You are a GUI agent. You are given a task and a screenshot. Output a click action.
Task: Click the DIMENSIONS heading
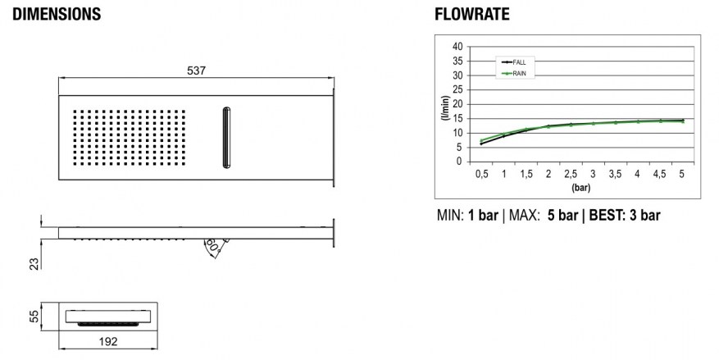pyautogui.click(x=57, y=14)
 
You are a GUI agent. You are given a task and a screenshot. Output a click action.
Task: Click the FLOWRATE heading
pyautogui.click(x=472, y=14)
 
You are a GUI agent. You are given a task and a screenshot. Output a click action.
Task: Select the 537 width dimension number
pyautogui.click(x=196, y=71)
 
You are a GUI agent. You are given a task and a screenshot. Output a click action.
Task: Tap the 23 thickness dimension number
pyautogui.click(x=34, y=263)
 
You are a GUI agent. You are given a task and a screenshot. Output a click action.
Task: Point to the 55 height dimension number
pyautogui.click(x=34, y=316)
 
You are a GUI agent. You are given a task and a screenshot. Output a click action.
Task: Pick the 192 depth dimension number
pyautogui.click(x=108, y=342)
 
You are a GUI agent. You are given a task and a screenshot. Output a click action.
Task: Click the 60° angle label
pyautogui.click(x=212, y=245)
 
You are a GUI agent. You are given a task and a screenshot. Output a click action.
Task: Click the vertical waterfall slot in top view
pyautogui.click(x=226, y=138)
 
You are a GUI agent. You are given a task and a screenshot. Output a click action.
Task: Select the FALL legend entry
pyautogui.click(x=515, y=62)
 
